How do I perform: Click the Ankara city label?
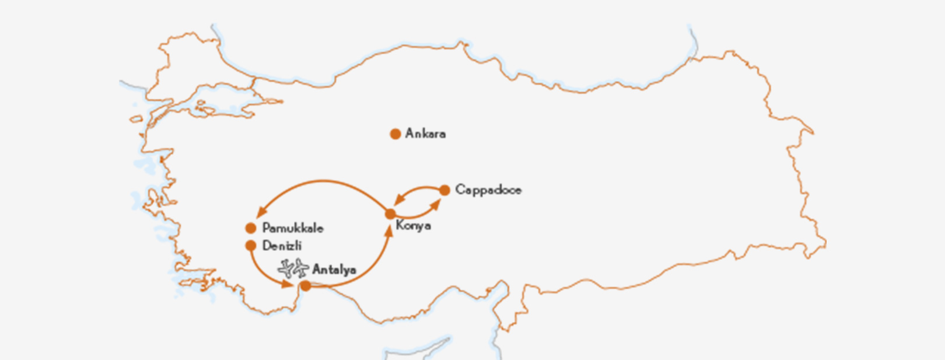tap(425, 134)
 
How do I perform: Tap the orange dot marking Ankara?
tap(395, 134)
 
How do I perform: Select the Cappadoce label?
tap(488, 190)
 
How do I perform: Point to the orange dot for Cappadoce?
tap(444, 190)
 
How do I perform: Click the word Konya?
tap(413, 226)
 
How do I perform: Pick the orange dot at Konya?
tap(390, 214)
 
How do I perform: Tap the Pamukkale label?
tap(292, 228)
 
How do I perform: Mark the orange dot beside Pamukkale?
tap(251, 228)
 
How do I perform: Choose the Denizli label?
tap(282, 246)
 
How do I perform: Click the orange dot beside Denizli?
tap(251, 246)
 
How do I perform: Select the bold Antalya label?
tap(334, 270)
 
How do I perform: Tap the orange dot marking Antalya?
tap(305, 285)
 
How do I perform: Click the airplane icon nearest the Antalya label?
tap(300, 268)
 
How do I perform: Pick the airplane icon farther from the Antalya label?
tap(286, 268)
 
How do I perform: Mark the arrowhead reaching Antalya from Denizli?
tap(288, 284)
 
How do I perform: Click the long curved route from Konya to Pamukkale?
tap(324, 181)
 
